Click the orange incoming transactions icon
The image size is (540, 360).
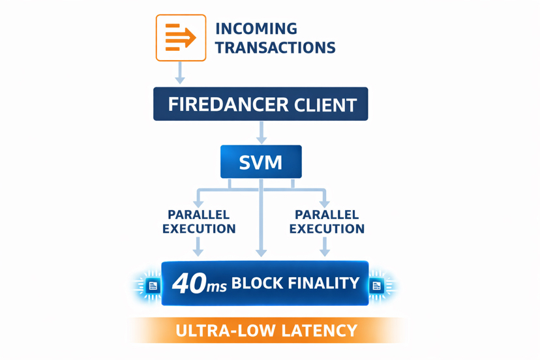(181, 38)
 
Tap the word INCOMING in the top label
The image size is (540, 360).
(256, 29)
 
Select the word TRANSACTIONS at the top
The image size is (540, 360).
(275, 48)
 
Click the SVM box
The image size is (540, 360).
(261, 162)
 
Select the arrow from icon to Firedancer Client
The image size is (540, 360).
(180, 72)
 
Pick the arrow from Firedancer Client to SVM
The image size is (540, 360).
(262, 132)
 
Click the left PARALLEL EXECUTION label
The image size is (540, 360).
(199, 222)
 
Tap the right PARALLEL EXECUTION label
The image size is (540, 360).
(327, 222)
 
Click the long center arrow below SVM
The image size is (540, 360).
(262, 222)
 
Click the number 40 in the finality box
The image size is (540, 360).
(188, 284)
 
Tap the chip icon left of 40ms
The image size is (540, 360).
(153, 286)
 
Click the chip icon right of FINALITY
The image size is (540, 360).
(376, 286)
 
